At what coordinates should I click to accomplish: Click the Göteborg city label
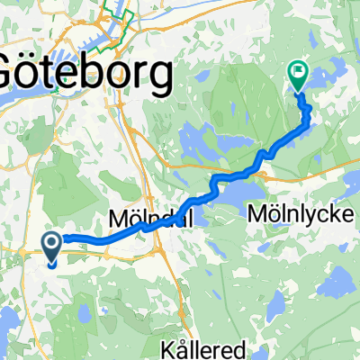[x=85, y=74]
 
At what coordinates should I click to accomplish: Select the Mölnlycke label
[x=304, y=213]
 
